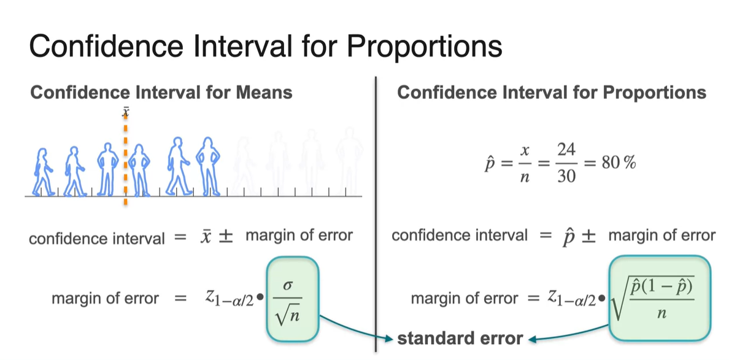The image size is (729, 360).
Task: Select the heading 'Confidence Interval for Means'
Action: (161, 92)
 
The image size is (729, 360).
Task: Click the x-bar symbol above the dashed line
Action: (125, 112)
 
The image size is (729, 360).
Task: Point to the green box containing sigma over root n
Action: (293, 298)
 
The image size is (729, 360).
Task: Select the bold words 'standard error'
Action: (460, 339)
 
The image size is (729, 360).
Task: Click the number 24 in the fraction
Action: (566, 150)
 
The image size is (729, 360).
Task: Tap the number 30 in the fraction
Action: (566, 177)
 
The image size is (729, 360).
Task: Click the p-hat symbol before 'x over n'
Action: (488, 164)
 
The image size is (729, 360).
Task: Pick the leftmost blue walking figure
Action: (43, 172)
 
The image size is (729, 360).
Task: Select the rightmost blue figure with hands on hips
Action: (207, 166)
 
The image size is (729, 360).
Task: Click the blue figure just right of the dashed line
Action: (139, 170)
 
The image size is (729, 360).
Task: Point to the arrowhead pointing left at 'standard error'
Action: (533, 339)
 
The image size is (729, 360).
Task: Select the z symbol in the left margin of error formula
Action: (210, 296)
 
